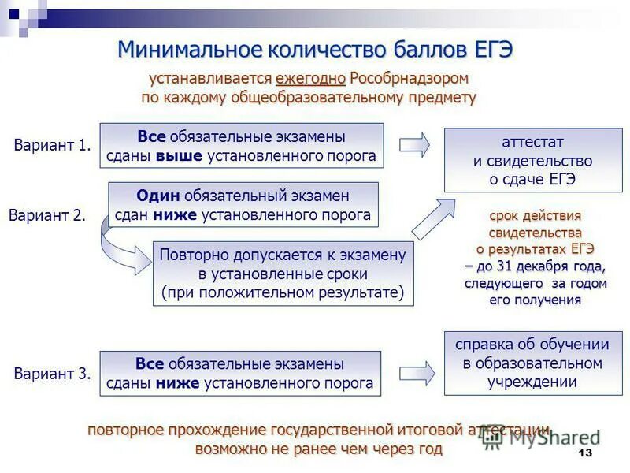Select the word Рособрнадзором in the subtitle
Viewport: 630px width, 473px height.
[x=409, y=79]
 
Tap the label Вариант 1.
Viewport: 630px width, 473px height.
[x=53, y=145]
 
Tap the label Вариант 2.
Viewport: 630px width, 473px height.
[x=47, y=215]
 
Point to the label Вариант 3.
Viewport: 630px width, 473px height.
[x=53, y=374]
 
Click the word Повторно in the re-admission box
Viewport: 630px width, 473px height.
[x=192, y=255]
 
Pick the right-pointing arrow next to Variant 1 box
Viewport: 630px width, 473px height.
[x=414, y=145]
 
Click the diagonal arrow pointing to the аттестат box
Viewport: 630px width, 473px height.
[x=432, y=218]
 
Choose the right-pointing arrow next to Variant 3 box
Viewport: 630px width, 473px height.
[x=416, y=374]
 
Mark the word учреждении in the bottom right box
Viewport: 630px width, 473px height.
[x=532, y=382]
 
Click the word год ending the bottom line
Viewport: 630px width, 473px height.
[x=429, y=449]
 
